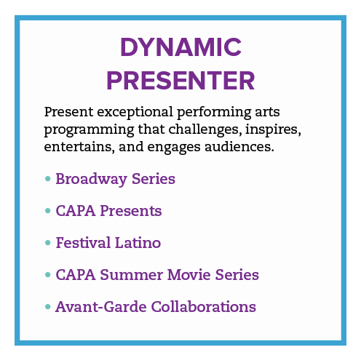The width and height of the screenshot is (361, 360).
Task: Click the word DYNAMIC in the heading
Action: pos(180,47)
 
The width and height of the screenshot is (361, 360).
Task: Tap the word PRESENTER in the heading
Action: pos(180,81)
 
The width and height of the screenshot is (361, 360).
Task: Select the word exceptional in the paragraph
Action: pos(135,113)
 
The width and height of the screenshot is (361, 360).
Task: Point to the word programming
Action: pos(89,130)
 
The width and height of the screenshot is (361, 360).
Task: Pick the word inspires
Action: pos(273,129)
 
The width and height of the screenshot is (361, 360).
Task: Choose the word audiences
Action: pos(239,146)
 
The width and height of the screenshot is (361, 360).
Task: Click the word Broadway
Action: pos(92,180)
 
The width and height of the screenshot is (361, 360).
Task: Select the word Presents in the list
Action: pos(131,211)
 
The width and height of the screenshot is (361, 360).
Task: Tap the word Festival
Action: pos(83,242)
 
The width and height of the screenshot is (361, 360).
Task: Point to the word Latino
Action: pos(138,242)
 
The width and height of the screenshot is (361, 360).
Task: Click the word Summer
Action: pos(132,275)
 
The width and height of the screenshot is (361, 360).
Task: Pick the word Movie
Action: pos(189,275)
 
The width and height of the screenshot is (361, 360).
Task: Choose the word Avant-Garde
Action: pos(101,307)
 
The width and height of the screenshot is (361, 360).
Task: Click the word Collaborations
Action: pos(204,307)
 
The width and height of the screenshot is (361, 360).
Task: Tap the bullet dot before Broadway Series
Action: pos(48,179)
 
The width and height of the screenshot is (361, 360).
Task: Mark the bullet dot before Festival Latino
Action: pos(48,243)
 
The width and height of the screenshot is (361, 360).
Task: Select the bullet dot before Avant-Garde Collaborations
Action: pos(48,307)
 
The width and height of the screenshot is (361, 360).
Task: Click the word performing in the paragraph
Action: pos(214,113)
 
